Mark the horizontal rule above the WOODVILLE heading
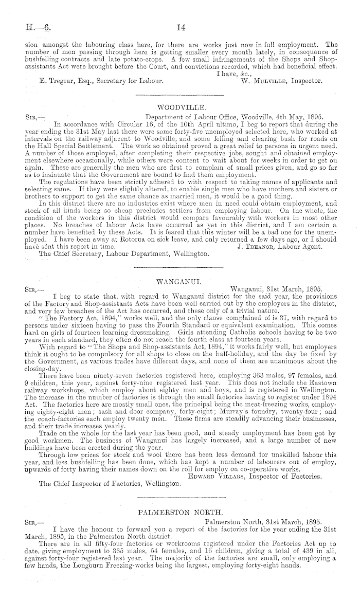pyautogui.click(x=179, y=96)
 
